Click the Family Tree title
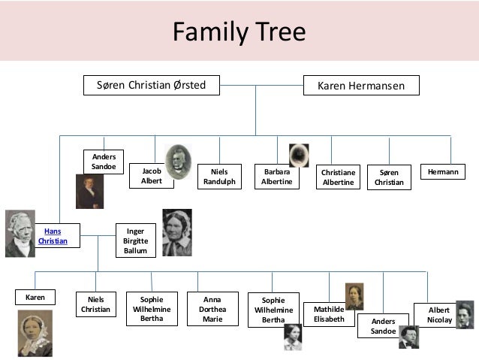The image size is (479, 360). pyautogui.click(x=239, y=32)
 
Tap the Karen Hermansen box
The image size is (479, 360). pyautogui.click(x=361, y=86)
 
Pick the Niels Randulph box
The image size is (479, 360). pyautogui.click(x=219, y=177)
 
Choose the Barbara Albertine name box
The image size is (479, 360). pyautogui.click(x=276, y=177)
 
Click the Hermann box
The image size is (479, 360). pyautogui.click(x=442, y=172)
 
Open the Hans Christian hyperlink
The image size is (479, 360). pyautogui.click(x=53, y=236)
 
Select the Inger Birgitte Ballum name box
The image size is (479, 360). pyautogui.click(x=136, y=241)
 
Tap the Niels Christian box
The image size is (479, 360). pyautogui.click(x=96, y=304)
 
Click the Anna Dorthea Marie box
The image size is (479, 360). pyautogui.click(x=212, y=308)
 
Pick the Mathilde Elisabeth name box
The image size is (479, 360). pyautogui.click(x=330, y=314)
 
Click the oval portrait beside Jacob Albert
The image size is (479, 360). pyautogui.click(x=178, y=162)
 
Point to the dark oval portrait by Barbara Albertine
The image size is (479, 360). pyautogui.click(x=299, y=156)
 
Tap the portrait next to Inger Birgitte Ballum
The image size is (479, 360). pyautogui.click(x=177, y=233)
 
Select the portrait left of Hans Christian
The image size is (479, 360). pyautogui.click(x=20, y=234)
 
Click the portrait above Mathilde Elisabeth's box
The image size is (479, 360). pyautogui.click(x=354, y=296)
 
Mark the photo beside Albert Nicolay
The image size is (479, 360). pyautogui.click(x=465, y=315)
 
